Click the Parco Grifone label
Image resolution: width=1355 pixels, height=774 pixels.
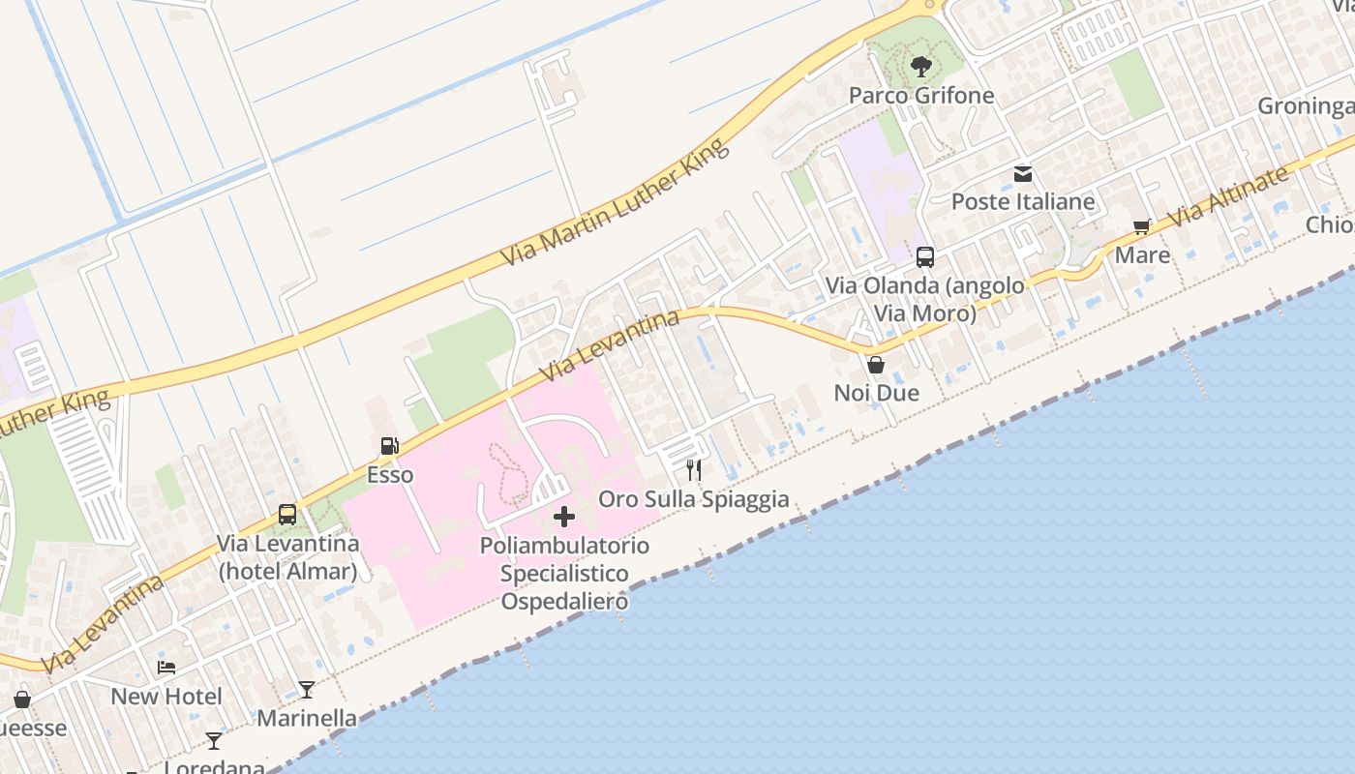point(920,95)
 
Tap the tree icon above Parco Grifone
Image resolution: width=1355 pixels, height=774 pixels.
point(921,67)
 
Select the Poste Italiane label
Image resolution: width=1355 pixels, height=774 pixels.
point(1023,201)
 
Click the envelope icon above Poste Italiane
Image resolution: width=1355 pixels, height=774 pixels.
point(1023,174)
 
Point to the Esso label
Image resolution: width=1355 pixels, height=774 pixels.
point(390,475)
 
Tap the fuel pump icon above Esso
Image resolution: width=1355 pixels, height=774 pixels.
point(390,446)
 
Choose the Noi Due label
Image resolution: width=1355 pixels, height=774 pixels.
point(876,393)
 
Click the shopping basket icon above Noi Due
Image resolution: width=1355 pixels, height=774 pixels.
point(876,365)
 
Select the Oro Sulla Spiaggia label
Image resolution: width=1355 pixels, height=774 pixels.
point(693,499)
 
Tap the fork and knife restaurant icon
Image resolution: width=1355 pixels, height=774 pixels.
point(693,470)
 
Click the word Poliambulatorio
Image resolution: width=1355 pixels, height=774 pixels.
point(564,546)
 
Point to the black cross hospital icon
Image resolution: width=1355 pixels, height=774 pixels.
point(564,517)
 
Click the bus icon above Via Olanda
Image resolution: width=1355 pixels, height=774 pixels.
point(925,257)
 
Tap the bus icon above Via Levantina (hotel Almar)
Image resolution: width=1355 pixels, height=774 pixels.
point(287,515)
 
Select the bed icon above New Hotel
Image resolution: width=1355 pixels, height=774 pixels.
point(166,668)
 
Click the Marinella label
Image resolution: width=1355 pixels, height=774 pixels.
point(307,719)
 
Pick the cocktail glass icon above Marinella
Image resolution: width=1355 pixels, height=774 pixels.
point(307,690)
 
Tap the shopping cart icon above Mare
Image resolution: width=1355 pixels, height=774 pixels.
point(1142,227)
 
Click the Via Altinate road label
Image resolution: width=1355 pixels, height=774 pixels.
point(1229,196)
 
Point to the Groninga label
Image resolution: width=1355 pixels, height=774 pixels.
point(1306,106)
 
